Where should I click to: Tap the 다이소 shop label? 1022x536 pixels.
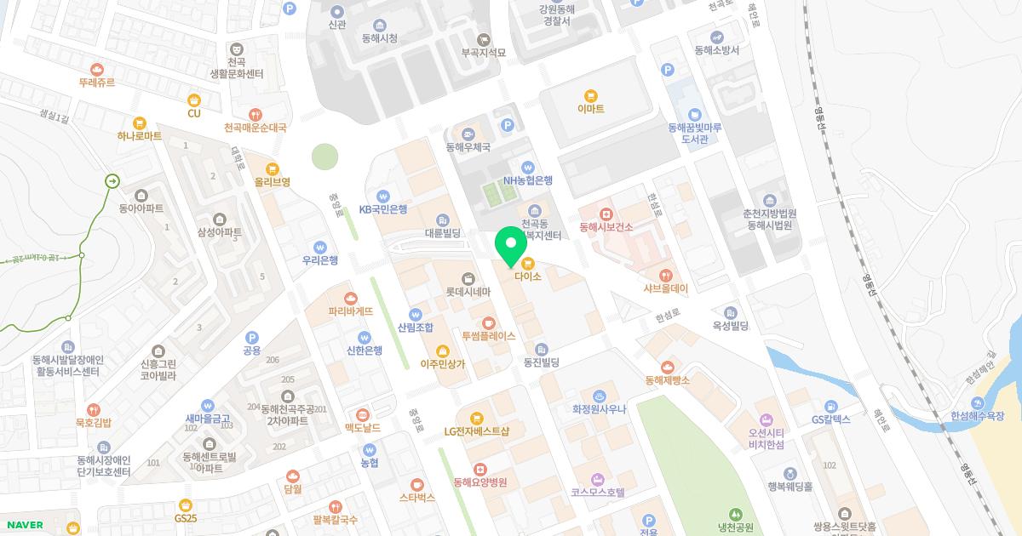pyautogui.click(x=528, y=277)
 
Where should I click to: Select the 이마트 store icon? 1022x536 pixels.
pyautogui.click(x=590, y=95)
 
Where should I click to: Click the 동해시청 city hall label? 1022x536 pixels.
pyautogui.click(x=379, y=38)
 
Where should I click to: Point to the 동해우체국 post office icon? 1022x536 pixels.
pyautogui.click(x=468, y=134)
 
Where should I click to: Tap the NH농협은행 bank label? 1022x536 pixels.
pyautogui.click(x=528, y=180)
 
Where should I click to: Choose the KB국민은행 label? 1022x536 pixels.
pyautogui.click(x=383, y=209)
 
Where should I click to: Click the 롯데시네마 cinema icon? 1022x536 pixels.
pyautogui.click(x=468, y=278)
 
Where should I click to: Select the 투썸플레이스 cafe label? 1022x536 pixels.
pyautogui.click(x=489, y=336)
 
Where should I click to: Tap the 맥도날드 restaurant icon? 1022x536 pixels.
pyautogui.click(x=363, y=414)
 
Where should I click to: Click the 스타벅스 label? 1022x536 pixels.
pyautogui.click(x=416, y=497)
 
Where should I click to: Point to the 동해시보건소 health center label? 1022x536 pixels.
pyautogui.click(x=606, y=227)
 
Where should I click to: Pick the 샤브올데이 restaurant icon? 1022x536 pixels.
pyautogui.click(x=665, y=275)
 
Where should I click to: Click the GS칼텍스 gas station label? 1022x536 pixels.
pyautogui.click(x=831, y=419)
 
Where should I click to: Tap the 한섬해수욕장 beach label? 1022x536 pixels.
pyautogui.click(x=978, y=416)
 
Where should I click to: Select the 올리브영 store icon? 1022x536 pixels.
pyautogui.click(x=273, y=168)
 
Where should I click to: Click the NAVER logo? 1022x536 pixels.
pyautogui.click(x=24, y=525)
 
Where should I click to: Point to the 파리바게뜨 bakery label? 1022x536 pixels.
pyautogui.click(x=351, y=311)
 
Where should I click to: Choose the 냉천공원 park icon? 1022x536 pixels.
pyautogui.click(x=735, y=514)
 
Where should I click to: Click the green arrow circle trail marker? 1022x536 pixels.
pyautogui.click(x=112, y=180)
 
